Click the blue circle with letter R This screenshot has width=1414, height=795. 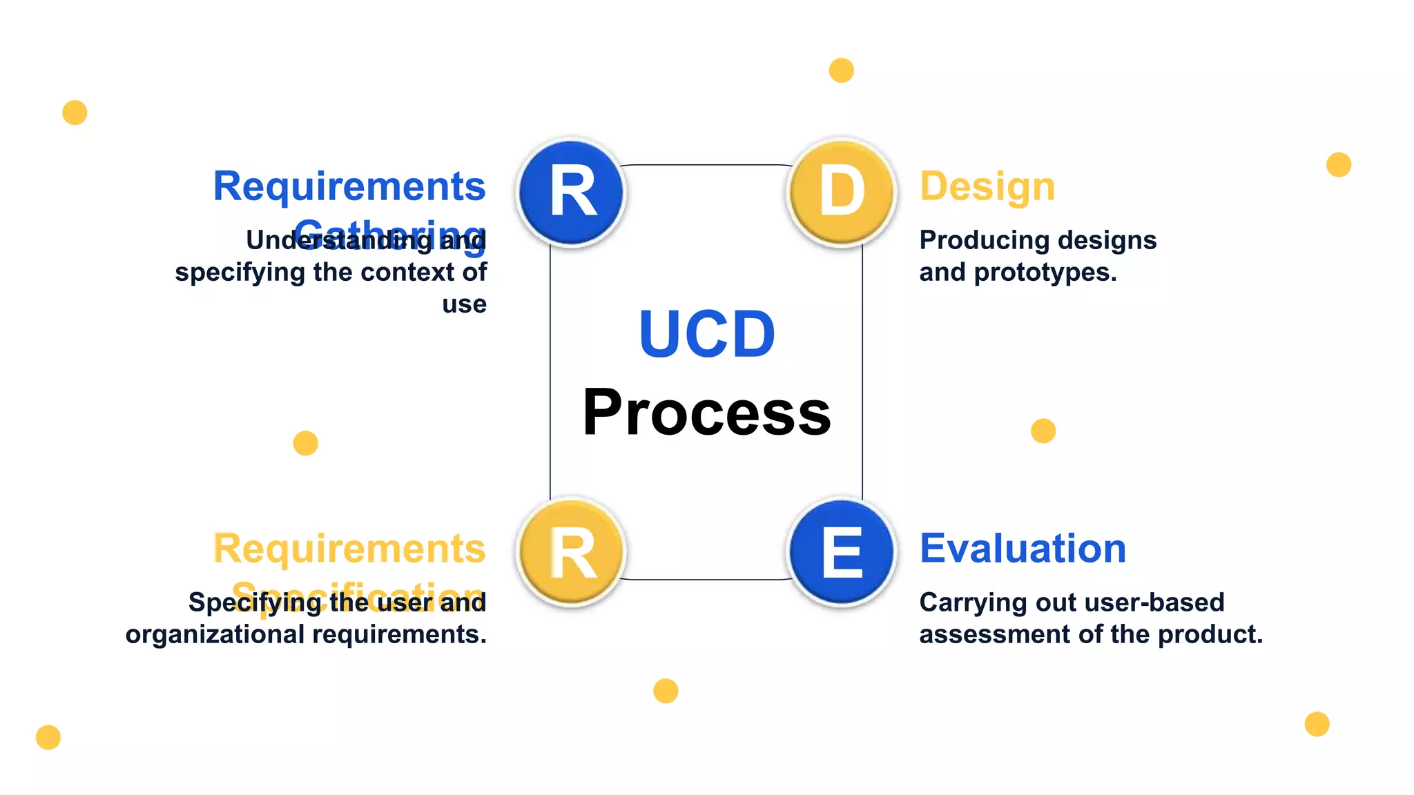pyautogui.click(x=572, y=193)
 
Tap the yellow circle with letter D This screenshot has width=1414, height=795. pyautogui.click(x=842, y=193)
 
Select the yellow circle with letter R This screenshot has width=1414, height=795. pyautogui.click(x=572, y=553)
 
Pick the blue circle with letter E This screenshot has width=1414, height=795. pyautogui.click(x=842, y=553)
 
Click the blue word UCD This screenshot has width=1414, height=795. pyautogui.click(x=707, y=335)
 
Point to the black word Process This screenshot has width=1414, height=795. pyautogui.click(x=707, y=413)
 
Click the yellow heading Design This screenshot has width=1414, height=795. pyautogui.click(x=987, y=186)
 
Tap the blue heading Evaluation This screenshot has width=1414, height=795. pyautogui.click(x=1023, y=549)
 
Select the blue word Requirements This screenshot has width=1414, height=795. pyautogui.click(x=349, y=186)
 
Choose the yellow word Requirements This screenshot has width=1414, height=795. pyautogui.click(x=349, y=549)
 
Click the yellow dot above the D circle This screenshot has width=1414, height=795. pyautogui.click(x=841, y=70)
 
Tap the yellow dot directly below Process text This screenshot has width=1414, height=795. pyautogui.click(x=666, y=691)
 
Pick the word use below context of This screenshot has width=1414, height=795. pyautogui.click(x=464, y=304)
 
